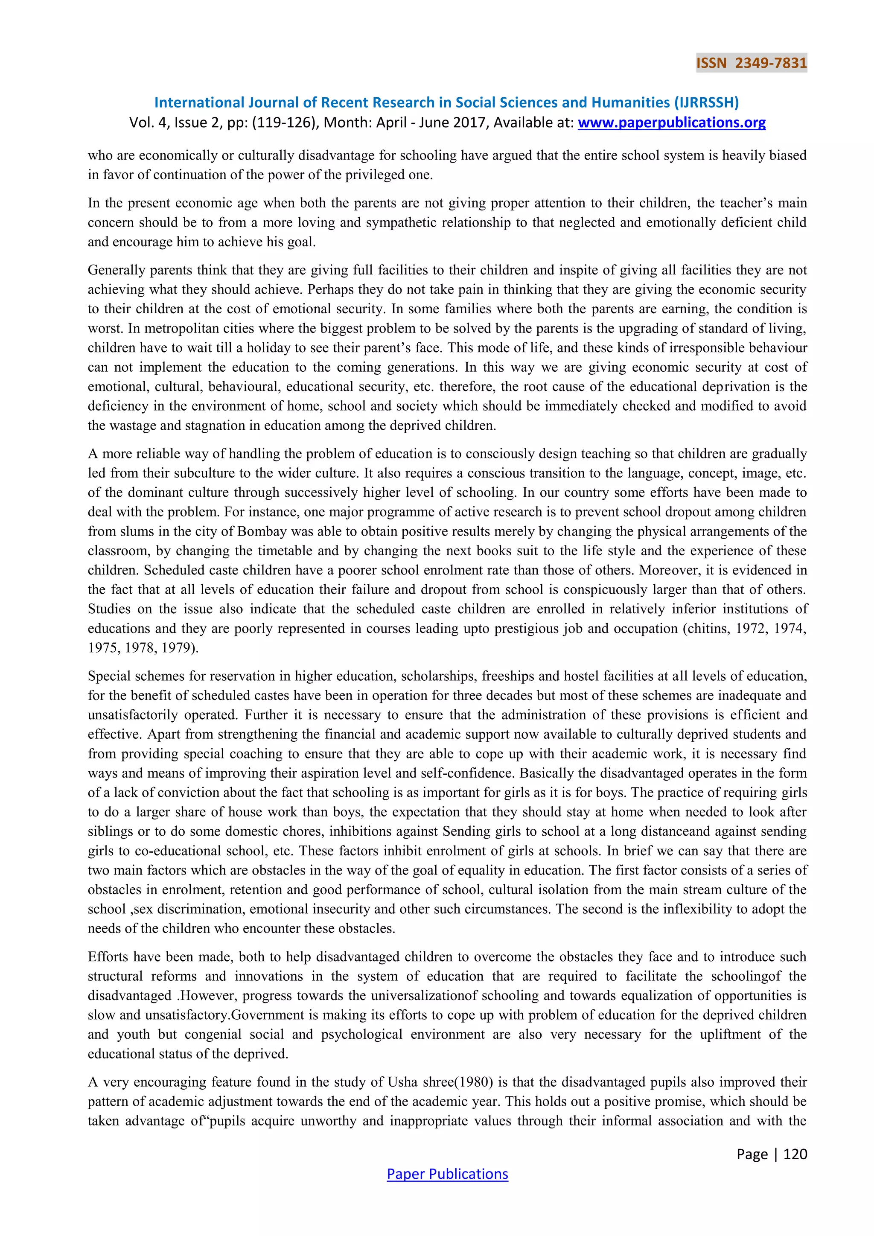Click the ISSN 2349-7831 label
coord(751,63)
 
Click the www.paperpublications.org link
coord(671,123)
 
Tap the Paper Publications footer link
coord(447,1174)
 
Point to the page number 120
coord(795,1154)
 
